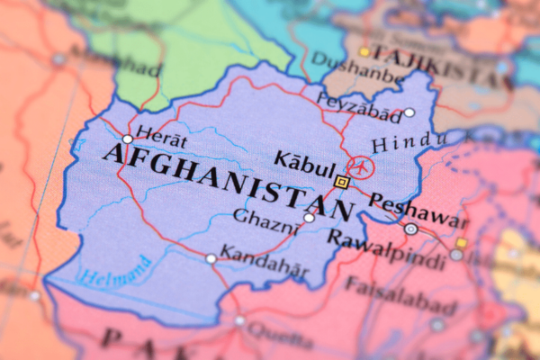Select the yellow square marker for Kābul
[341, 182]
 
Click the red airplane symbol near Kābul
[359, 166]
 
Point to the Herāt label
[164, 142]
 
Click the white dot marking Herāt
[128, 139]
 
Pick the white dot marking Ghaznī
[310, 217]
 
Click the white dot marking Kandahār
[211, 258]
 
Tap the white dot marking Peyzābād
[409, 112]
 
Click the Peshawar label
[419, 211]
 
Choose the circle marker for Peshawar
[411, 229]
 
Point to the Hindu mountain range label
[409, 143]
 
